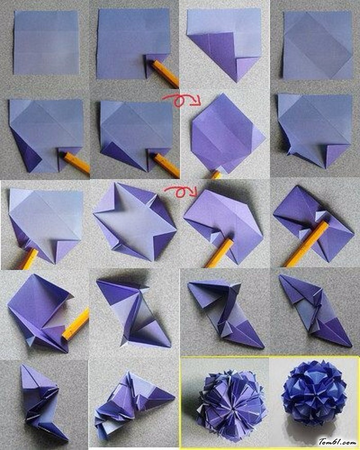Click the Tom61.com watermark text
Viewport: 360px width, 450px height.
[337, 441]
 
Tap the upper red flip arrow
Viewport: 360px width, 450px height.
[181, 99]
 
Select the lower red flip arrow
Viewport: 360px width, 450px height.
[181, 191]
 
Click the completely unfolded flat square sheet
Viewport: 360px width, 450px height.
[46, 42]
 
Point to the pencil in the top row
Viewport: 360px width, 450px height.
[165, 74]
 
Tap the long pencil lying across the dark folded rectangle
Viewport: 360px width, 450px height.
[307, 244]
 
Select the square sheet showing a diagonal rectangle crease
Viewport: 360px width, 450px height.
[318, 45]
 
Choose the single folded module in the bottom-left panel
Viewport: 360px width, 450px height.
[43, 402]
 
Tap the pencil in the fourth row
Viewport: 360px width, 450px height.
[76, 325]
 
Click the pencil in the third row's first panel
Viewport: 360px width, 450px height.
[29, 259]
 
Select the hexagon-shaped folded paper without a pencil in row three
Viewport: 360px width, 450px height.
[134, 222]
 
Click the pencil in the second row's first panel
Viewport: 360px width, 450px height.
[76, 163]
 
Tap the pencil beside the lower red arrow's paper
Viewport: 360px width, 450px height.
[220, 253]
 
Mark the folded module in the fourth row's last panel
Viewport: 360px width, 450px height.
[315, 310]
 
